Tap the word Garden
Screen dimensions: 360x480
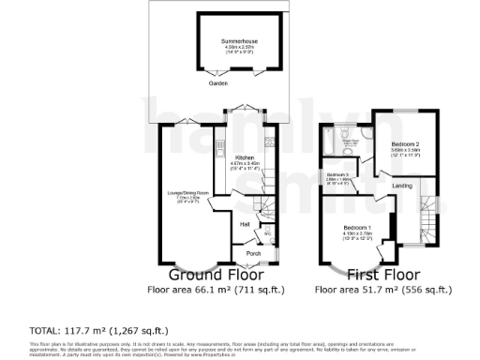click(218, 84)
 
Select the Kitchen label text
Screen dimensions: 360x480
click(246, 157)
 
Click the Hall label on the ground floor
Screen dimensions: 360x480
click(244, 225)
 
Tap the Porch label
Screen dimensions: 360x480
click(253, 253)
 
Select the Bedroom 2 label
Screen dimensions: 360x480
click(404, 142)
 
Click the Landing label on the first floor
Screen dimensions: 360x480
click(401, 186)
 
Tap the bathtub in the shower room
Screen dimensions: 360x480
click(331, 142)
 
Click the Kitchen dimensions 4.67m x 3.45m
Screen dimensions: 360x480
click(246, 163)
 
